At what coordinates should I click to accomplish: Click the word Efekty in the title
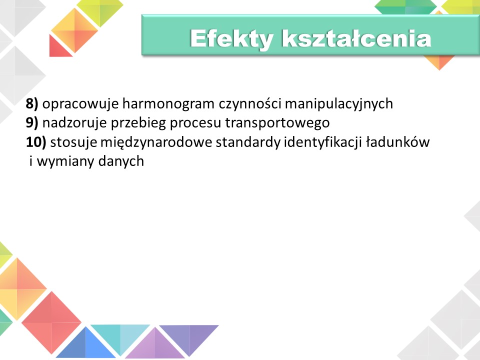pyautogui.click(x=231, y=39)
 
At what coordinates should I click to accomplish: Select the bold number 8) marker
pyautogui.click(x=32, y=103)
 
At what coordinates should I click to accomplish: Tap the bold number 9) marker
pyautogui.click(x=32, y=123)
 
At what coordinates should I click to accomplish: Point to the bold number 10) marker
pyautogui.click(x=36, y=142)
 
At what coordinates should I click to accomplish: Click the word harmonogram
pyautogui.click(x=168, y=103)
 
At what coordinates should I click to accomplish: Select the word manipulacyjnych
pyautogui.click(x=339, y=104)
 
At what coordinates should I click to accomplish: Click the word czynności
pyautogui.click(x=250, y=104)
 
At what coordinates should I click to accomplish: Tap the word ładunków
pyautogui.click(x=398, y=142)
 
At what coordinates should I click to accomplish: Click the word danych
pyautogui.click(x=121, y=161)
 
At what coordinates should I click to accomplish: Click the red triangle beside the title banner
pyautogui.click(x=59, y=46)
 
